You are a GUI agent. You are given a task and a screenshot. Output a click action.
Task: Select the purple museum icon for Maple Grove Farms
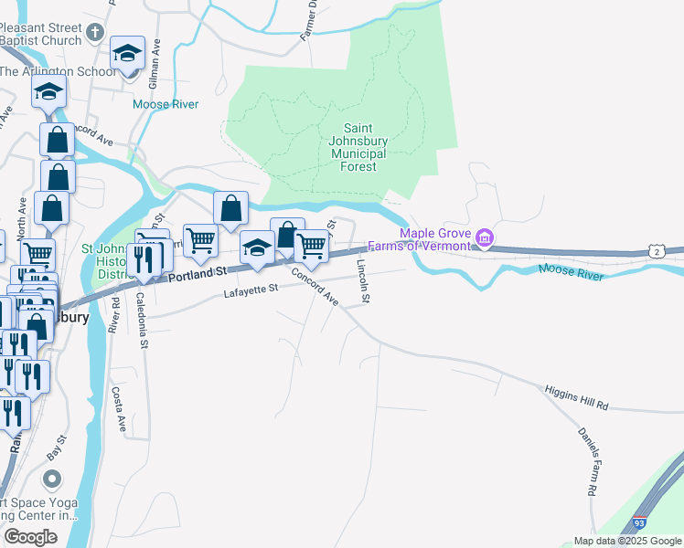pos(484,239)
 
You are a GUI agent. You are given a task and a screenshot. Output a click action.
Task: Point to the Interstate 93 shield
pos(639,524)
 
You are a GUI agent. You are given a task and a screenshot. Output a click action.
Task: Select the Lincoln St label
pos(363,280)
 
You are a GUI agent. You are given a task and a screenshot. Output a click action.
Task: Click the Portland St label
pos(195,273)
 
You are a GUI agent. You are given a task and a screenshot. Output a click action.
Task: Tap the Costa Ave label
pos(118,408)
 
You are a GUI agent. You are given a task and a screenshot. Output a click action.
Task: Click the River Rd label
pos(114,314)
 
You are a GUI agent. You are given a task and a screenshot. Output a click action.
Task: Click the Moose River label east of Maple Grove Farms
pos(572,271)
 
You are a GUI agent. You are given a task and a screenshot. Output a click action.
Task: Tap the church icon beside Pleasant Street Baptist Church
pos(95,35)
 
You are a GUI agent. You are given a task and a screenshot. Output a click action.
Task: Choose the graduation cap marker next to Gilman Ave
pos(127,53)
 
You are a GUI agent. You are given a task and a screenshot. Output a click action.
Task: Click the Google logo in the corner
pos(29,537)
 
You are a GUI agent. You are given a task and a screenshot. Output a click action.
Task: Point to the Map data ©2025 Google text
pos(626,541)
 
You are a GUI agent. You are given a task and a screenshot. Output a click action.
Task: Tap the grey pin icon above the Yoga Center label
pos(52,479)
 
